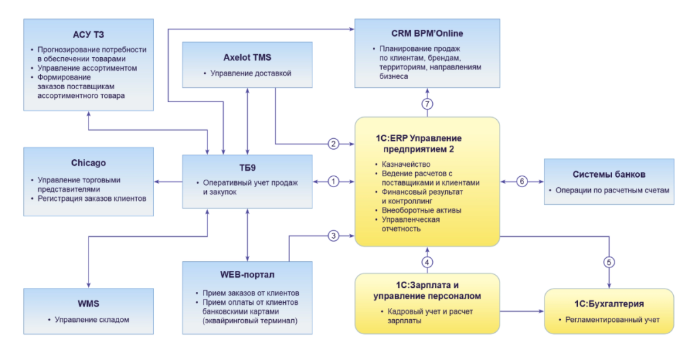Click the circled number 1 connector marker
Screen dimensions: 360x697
[334, 182]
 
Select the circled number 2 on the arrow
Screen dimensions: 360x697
[334, 144]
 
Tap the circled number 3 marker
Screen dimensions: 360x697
[334, 236]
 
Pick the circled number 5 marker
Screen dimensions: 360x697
[609, 262]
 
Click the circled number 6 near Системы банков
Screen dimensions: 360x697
[522, 182]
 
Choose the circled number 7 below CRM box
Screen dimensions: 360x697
[427, 104]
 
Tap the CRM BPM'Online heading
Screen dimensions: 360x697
[427, 33]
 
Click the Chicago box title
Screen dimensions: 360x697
[88, 163]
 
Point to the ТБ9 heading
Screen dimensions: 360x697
[247, 167]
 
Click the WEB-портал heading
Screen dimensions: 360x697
[247, 276]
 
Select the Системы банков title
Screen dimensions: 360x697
[609, 174]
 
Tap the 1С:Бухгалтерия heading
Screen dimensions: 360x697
[609, 303]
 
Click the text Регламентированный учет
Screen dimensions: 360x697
[612, 319]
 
